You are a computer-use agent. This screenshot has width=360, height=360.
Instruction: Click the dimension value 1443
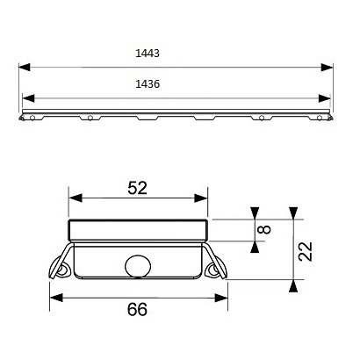[148, 54]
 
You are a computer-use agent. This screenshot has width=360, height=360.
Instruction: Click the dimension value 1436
[148, 84]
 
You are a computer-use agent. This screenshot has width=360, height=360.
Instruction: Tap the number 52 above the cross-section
[138, 188]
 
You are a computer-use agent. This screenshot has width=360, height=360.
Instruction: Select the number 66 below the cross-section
[137, 309]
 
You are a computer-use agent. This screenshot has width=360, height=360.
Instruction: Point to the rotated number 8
[264, 229]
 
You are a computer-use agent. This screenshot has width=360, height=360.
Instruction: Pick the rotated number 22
[306, 251]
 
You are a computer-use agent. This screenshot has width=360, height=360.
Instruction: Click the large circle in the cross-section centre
[138, 267]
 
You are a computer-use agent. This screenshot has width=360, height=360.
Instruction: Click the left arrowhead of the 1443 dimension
[25, 67]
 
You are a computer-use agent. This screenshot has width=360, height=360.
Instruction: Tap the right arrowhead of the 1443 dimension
[328, 67]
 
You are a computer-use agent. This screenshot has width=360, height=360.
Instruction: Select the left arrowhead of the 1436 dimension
[28, 98]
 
